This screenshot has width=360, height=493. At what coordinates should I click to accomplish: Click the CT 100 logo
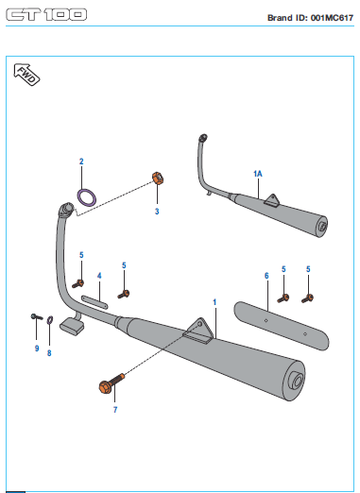point(46,15)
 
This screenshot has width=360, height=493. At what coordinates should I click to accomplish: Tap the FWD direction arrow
point(26,75)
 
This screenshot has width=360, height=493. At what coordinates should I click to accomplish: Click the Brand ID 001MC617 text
point(310,18)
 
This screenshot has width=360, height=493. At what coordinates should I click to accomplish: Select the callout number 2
point(81,161)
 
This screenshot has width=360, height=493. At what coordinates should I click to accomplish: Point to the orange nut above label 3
point(158,178)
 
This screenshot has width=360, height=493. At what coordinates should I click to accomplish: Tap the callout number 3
point(157,212)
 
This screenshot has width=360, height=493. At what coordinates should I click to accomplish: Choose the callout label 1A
point(258,174)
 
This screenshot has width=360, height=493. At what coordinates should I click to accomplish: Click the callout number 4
point(99,276)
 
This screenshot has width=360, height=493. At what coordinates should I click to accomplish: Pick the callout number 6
point(266,276)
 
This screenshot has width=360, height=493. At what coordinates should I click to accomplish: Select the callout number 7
point(115,410)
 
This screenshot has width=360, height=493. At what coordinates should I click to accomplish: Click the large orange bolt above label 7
point(111,382)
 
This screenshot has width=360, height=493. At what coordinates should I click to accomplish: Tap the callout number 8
point(49,353)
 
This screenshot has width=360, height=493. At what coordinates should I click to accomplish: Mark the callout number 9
point(37,348)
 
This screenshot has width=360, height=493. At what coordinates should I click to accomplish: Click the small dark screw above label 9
point(37,316)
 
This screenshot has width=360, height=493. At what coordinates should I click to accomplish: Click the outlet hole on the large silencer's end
point(298,381)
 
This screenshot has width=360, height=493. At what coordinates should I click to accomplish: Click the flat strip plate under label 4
point(94,301)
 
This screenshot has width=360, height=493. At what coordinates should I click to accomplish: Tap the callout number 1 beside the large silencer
point(214,302)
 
